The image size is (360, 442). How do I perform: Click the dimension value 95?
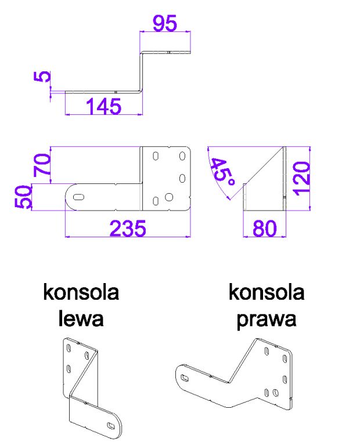(x=165, y=23)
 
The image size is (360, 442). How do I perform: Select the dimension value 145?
(x=103, y=106)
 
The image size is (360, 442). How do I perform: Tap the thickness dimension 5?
(x=42, y=77)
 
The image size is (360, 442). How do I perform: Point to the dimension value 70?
(x=42, y=165)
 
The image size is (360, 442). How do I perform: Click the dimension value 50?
(x=23, y=197)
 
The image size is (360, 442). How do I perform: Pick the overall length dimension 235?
(x=128, y=229)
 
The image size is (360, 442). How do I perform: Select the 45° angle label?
(x=223, y=172)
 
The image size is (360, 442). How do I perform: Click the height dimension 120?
(x=301, y=179)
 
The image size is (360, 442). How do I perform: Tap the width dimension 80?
(x=264, y=229)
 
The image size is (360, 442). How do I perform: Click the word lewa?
(x=81, y=319)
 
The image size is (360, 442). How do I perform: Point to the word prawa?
(x=267, y=320)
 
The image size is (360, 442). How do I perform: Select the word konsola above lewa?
(x=81, y=292)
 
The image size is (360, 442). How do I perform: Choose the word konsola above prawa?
(x=267, y=292)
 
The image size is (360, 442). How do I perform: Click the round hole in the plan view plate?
(x=169, y=197)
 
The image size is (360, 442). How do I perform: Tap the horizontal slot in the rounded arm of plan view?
(x=78, y=197)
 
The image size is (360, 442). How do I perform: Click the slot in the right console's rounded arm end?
(x=185, y=378)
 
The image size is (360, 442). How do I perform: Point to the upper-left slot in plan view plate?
(x=156, y=156)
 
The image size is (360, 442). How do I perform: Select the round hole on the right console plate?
(x=276, y=393)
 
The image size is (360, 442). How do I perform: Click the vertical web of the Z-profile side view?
(x=141, y=72)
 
